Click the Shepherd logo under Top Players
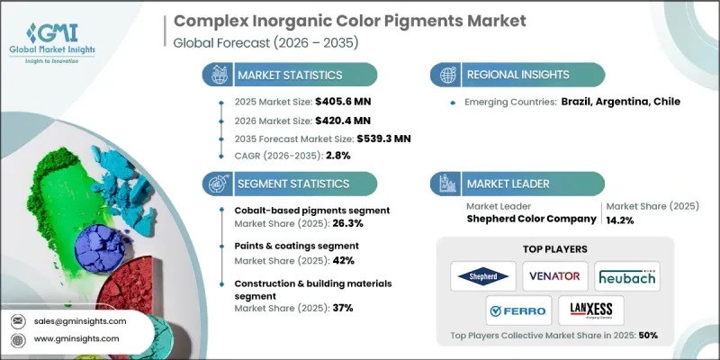pos(483,275)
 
